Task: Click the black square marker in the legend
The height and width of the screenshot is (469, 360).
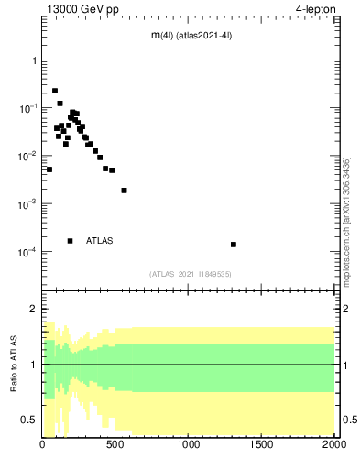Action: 70,241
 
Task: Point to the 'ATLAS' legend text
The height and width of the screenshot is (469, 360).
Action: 100,241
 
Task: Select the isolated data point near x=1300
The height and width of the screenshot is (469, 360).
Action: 234,245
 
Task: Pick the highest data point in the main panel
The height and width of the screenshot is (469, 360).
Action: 55,91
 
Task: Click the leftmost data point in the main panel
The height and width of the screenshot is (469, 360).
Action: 49,169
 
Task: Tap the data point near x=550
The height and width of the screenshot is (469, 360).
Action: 124,191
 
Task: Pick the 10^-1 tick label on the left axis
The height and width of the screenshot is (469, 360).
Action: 27,108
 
